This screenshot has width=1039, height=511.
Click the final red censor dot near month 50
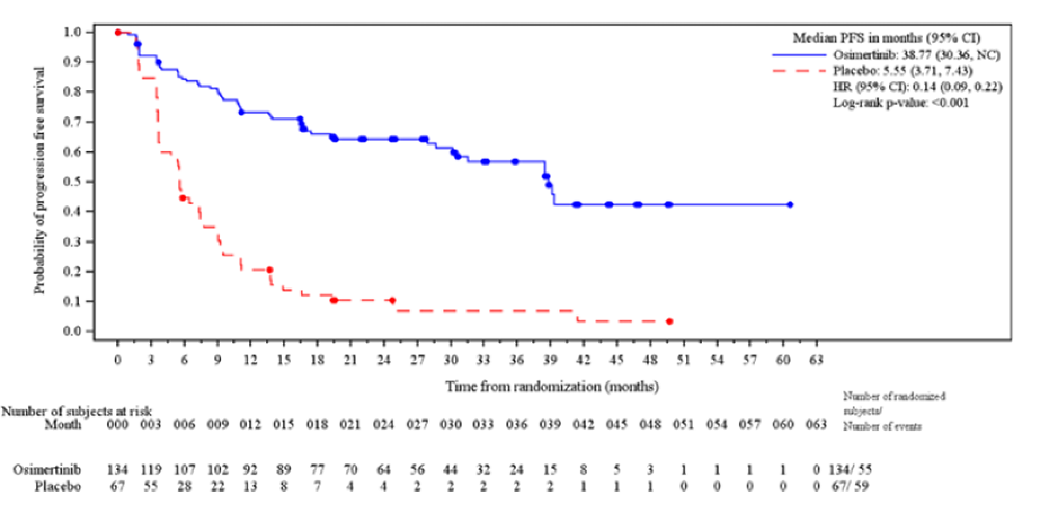669,321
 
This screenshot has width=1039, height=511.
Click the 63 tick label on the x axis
816,359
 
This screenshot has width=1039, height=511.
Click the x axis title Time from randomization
552,386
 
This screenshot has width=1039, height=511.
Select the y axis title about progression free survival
39,181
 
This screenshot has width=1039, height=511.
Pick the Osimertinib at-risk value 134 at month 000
117,469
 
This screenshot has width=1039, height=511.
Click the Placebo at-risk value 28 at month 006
184,486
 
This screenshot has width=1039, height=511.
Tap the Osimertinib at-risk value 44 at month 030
450,469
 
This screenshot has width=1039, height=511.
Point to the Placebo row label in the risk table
57,486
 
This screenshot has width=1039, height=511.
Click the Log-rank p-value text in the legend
901,103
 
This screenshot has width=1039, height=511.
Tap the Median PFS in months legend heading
886,38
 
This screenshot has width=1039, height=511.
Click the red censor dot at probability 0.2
270,270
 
